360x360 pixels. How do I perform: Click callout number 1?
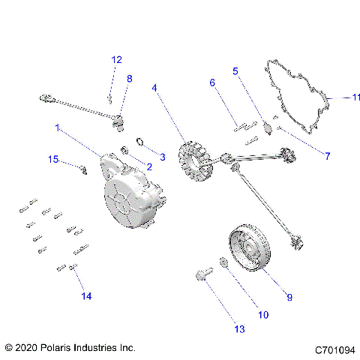(57, 128)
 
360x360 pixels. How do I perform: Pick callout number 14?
(87, 296)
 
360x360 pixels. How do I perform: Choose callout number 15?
(53, 159)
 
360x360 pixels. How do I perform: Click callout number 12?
(116, 59)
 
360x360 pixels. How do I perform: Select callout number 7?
(327, 156)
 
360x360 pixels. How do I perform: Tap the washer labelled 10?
(223, 262)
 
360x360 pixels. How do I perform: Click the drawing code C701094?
(335, 349)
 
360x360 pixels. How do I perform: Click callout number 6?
(212, 82)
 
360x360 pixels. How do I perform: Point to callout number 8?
(129, 78)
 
